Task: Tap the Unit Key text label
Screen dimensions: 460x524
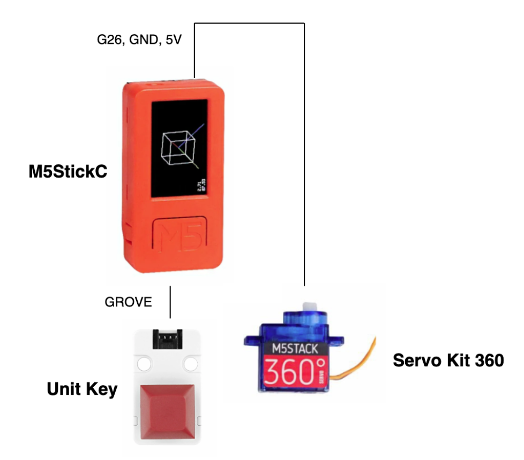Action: (x=82, y=389)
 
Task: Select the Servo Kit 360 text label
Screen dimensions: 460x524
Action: (x=448, y=361)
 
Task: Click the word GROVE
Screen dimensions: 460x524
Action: (x=128, y=302)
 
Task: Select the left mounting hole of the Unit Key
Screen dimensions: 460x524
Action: (x=144, y=365)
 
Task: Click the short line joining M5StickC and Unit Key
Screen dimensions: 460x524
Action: (x=170, y=303)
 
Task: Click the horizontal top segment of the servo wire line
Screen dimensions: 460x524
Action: (x=249, y=24)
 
